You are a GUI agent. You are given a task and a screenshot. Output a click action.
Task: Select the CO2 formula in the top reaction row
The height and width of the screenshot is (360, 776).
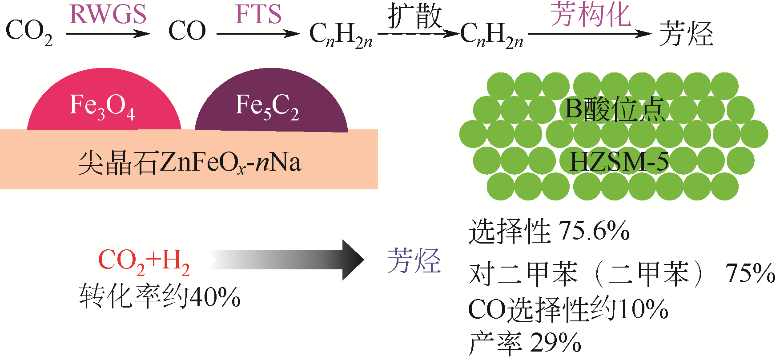click(x=29, y=32)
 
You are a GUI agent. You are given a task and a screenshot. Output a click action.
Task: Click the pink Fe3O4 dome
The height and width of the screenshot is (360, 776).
click(x=104, y=105)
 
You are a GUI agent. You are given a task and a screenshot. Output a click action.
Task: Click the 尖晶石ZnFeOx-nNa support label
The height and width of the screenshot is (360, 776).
click(x=189, y=163)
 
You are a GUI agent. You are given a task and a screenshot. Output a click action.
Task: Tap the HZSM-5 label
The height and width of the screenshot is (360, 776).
click(x=619, y=161)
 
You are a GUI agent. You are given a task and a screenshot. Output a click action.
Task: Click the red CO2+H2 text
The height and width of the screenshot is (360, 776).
click(x=144, y=261)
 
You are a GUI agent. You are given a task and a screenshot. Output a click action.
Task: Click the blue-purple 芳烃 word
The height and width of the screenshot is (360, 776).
click(x=414, y=261)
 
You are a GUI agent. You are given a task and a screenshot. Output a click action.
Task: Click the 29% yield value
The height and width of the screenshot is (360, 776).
click(x=555, y=343)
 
